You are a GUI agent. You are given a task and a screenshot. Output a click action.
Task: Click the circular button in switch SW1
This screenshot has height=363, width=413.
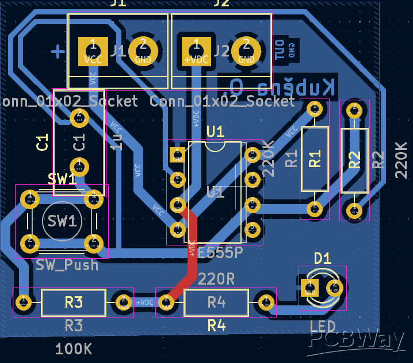61,221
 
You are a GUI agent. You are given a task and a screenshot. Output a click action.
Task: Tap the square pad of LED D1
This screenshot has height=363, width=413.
309,287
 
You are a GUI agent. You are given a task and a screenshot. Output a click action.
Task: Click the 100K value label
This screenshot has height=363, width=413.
73,349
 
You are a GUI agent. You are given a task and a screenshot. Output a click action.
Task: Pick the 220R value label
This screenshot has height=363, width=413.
216,279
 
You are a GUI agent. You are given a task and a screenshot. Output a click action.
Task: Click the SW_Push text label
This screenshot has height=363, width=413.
67,265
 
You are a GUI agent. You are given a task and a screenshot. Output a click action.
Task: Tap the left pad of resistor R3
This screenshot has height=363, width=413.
24,301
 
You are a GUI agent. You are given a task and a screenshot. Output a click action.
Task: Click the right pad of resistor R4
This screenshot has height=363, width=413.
266,301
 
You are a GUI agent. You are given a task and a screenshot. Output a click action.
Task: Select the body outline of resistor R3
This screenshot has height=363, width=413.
74,302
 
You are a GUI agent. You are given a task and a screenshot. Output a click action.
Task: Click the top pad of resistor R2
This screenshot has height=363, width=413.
354,109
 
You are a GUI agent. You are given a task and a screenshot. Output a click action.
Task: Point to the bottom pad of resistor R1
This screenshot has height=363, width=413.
315,209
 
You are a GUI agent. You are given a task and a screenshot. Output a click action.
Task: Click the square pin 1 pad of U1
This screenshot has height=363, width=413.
177,154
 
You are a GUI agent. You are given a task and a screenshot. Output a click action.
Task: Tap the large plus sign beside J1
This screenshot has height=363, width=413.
58,51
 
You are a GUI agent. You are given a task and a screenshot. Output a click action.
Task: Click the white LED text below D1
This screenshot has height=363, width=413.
323,327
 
